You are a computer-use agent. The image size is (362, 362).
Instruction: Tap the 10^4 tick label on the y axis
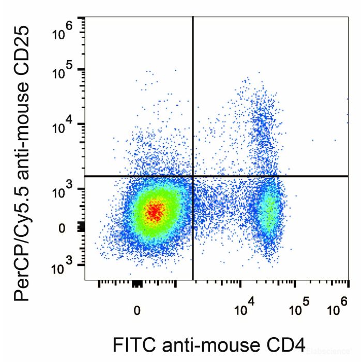click(x=63, y=127)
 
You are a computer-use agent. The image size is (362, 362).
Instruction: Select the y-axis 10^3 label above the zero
click(x=63, y=193)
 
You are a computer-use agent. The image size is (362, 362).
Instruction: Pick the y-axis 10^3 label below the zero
click(x=63, y=268)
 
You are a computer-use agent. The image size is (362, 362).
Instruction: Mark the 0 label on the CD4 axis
click(x=137, y=311)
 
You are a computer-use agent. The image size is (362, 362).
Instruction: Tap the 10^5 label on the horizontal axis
click(x=297, y=310)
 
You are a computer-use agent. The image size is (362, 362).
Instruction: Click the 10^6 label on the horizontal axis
click(x=336, y=310)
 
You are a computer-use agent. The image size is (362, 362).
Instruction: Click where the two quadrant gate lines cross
click(x=193, y=176)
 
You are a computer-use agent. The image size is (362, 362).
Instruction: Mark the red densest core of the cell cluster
click(x=155, y=210)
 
